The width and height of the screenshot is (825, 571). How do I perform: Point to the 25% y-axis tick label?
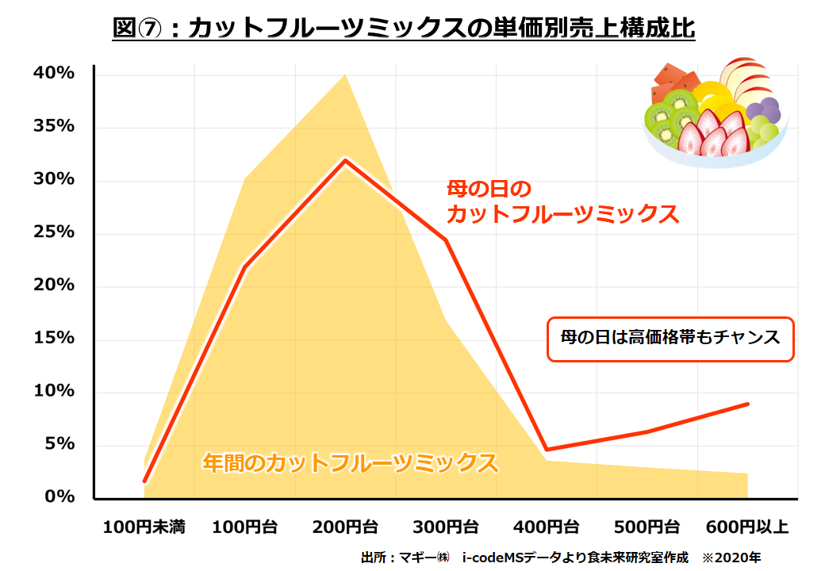point(54,232)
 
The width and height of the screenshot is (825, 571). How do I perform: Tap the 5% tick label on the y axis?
point(59,444)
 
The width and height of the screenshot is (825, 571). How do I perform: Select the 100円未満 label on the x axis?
point(144,527)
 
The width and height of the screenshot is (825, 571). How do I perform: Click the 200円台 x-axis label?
point(345,527)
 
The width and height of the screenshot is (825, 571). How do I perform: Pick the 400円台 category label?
point(547,527)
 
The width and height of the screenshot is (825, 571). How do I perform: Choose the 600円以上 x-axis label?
point(746,527)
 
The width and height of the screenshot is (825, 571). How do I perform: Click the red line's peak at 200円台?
point(345,160)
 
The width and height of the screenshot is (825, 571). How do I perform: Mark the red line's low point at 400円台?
point(547,450)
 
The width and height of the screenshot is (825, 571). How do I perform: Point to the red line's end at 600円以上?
point(747,404)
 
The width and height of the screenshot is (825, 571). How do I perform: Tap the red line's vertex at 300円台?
point(446,240)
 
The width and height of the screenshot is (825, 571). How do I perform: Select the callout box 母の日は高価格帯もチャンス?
point(670,339)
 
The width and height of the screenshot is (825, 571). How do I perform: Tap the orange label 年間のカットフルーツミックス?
point(350,462)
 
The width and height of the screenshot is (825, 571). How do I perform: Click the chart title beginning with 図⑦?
point(404,29)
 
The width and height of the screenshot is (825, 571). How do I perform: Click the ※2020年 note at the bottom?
point(731,557)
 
